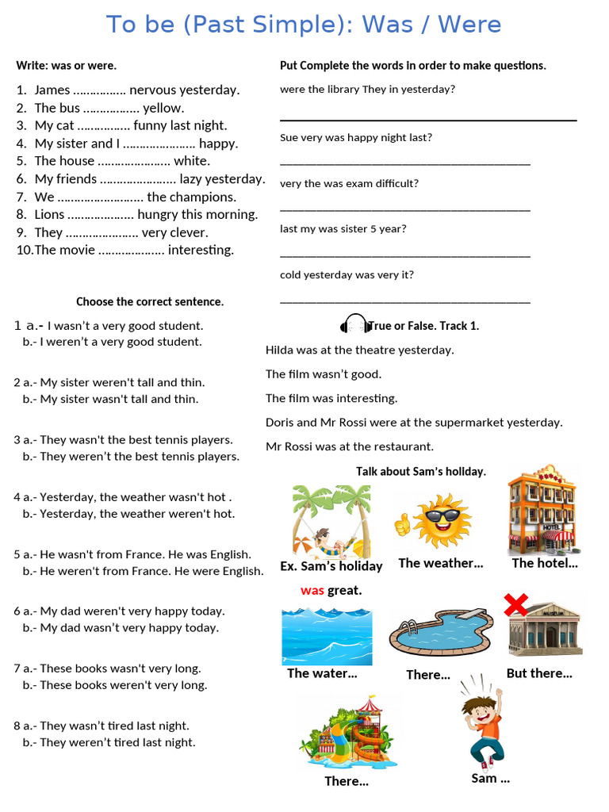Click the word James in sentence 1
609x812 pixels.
click(x=52, y=90)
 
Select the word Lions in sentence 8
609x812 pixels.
click(x=49, y=214)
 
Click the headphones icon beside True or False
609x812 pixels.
click(x=354, y=324)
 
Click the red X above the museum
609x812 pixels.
click(x=516, y=605)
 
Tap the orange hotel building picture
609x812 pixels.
click(x=542, y=509)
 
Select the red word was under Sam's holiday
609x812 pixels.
click(x=312, y=590)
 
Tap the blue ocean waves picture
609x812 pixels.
click(x=327, y=636)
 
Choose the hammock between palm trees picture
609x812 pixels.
click(x=331, y=521)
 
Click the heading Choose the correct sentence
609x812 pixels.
click(x=150, y=301)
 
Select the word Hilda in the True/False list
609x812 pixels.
click(x=280, y=350)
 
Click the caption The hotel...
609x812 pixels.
click(x=545, y=563)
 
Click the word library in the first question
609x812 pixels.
click(x=343, y=89)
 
